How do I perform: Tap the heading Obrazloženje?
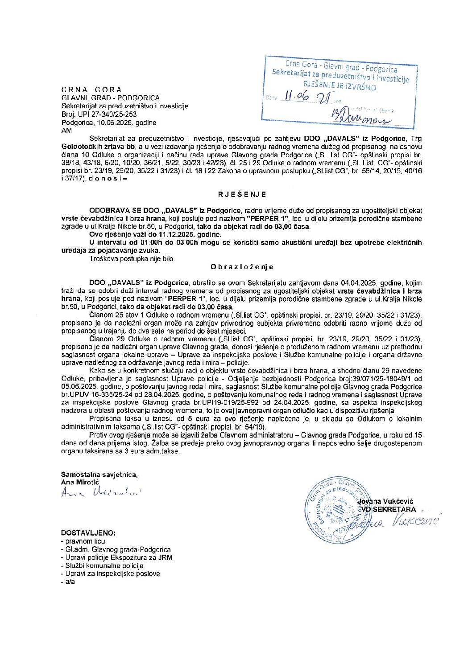242,266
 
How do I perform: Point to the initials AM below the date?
66,131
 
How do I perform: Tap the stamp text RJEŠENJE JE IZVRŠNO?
340,86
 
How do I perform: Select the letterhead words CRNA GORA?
91,90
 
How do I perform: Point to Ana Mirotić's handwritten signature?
100,493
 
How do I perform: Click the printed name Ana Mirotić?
80,482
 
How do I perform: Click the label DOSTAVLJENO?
88,533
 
